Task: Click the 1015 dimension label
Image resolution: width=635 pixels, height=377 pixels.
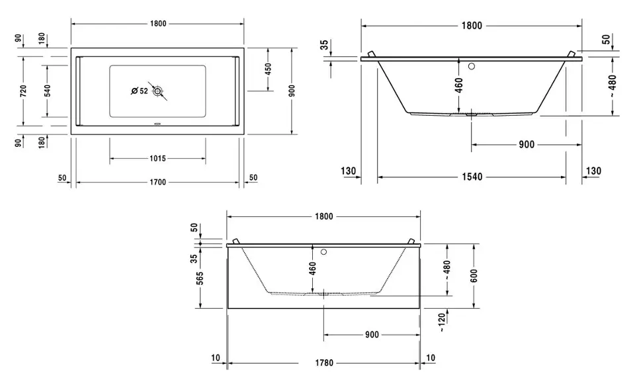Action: (157, 159)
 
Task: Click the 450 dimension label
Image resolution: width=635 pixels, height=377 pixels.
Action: (268, 69)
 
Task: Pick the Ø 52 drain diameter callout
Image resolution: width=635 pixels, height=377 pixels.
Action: (139, 91)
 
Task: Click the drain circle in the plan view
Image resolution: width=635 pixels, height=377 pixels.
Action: (157, 91)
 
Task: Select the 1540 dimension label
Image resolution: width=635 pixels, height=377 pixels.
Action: (471, 177)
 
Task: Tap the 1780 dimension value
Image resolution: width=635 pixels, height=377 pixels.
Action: (323, 362)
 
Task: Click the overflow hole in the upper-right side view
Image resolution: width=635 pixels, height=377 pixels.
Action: (471, 66)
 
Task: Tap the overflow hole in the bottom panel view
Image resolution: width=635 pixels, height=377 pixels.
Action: (323, 252)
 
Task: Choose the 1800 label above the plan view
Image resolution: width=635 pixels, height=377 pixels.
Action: (157, 24)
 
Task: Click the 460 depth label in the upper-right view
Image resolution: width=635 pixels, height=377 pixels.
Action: (459, 85)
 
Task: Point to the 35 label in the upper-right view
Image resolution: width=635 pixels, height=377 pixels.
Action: (323, 45)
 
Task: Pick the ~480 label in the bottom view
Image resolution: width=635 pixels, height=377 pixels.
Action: (448, 268)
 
